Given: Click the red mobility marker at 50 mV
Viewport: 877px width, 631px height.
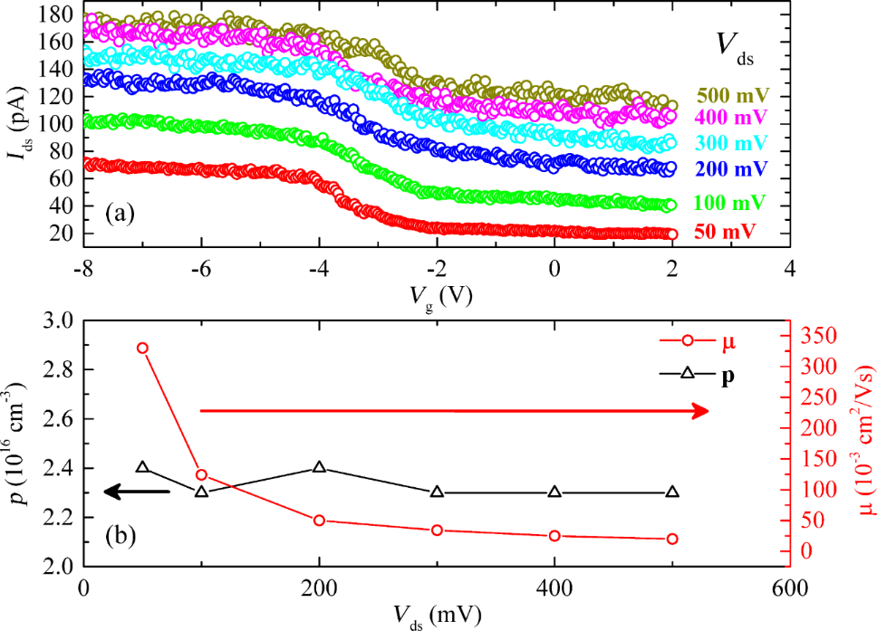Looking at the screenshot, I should (142, 349).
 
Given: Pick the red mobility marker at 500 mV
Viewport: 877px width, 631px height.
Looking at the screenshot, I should (672, 539).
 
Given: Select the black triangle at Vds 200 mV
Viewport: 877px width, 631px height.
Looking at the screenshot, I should (319, 467).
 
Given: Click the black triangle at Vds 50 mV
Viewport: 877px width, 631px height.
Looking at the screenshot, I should (142, 467).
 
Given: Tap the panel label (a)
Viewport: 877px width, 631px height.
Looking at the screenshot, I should (121, 215).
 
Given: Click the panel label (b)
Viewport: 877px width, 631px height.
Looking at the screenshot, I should (120, 535).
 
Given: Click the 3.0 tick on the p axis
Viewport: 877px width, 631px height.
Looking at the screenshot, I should (57, 320).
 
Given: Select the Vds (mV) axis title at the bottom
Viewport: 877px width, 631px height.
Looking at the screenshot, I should (437, 614).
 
